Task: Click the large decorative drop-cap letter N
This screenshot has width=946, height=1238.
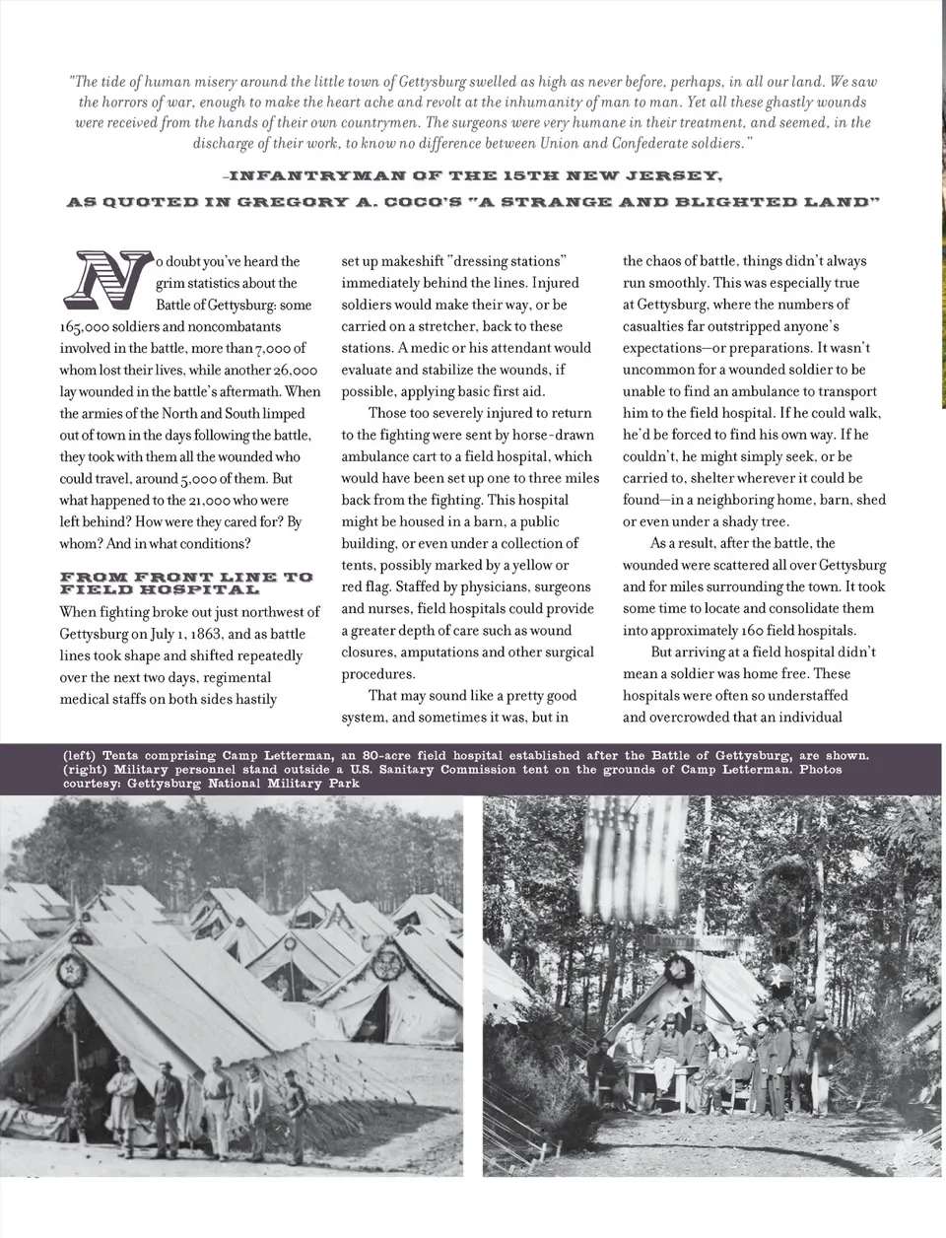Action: [x=109, y=277]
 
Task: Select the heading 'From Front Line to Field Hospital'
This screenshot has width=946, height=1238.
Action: [x=185, y=583]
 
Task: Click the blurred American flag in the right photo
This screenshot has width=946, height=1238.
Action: [x=635, y=844]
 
